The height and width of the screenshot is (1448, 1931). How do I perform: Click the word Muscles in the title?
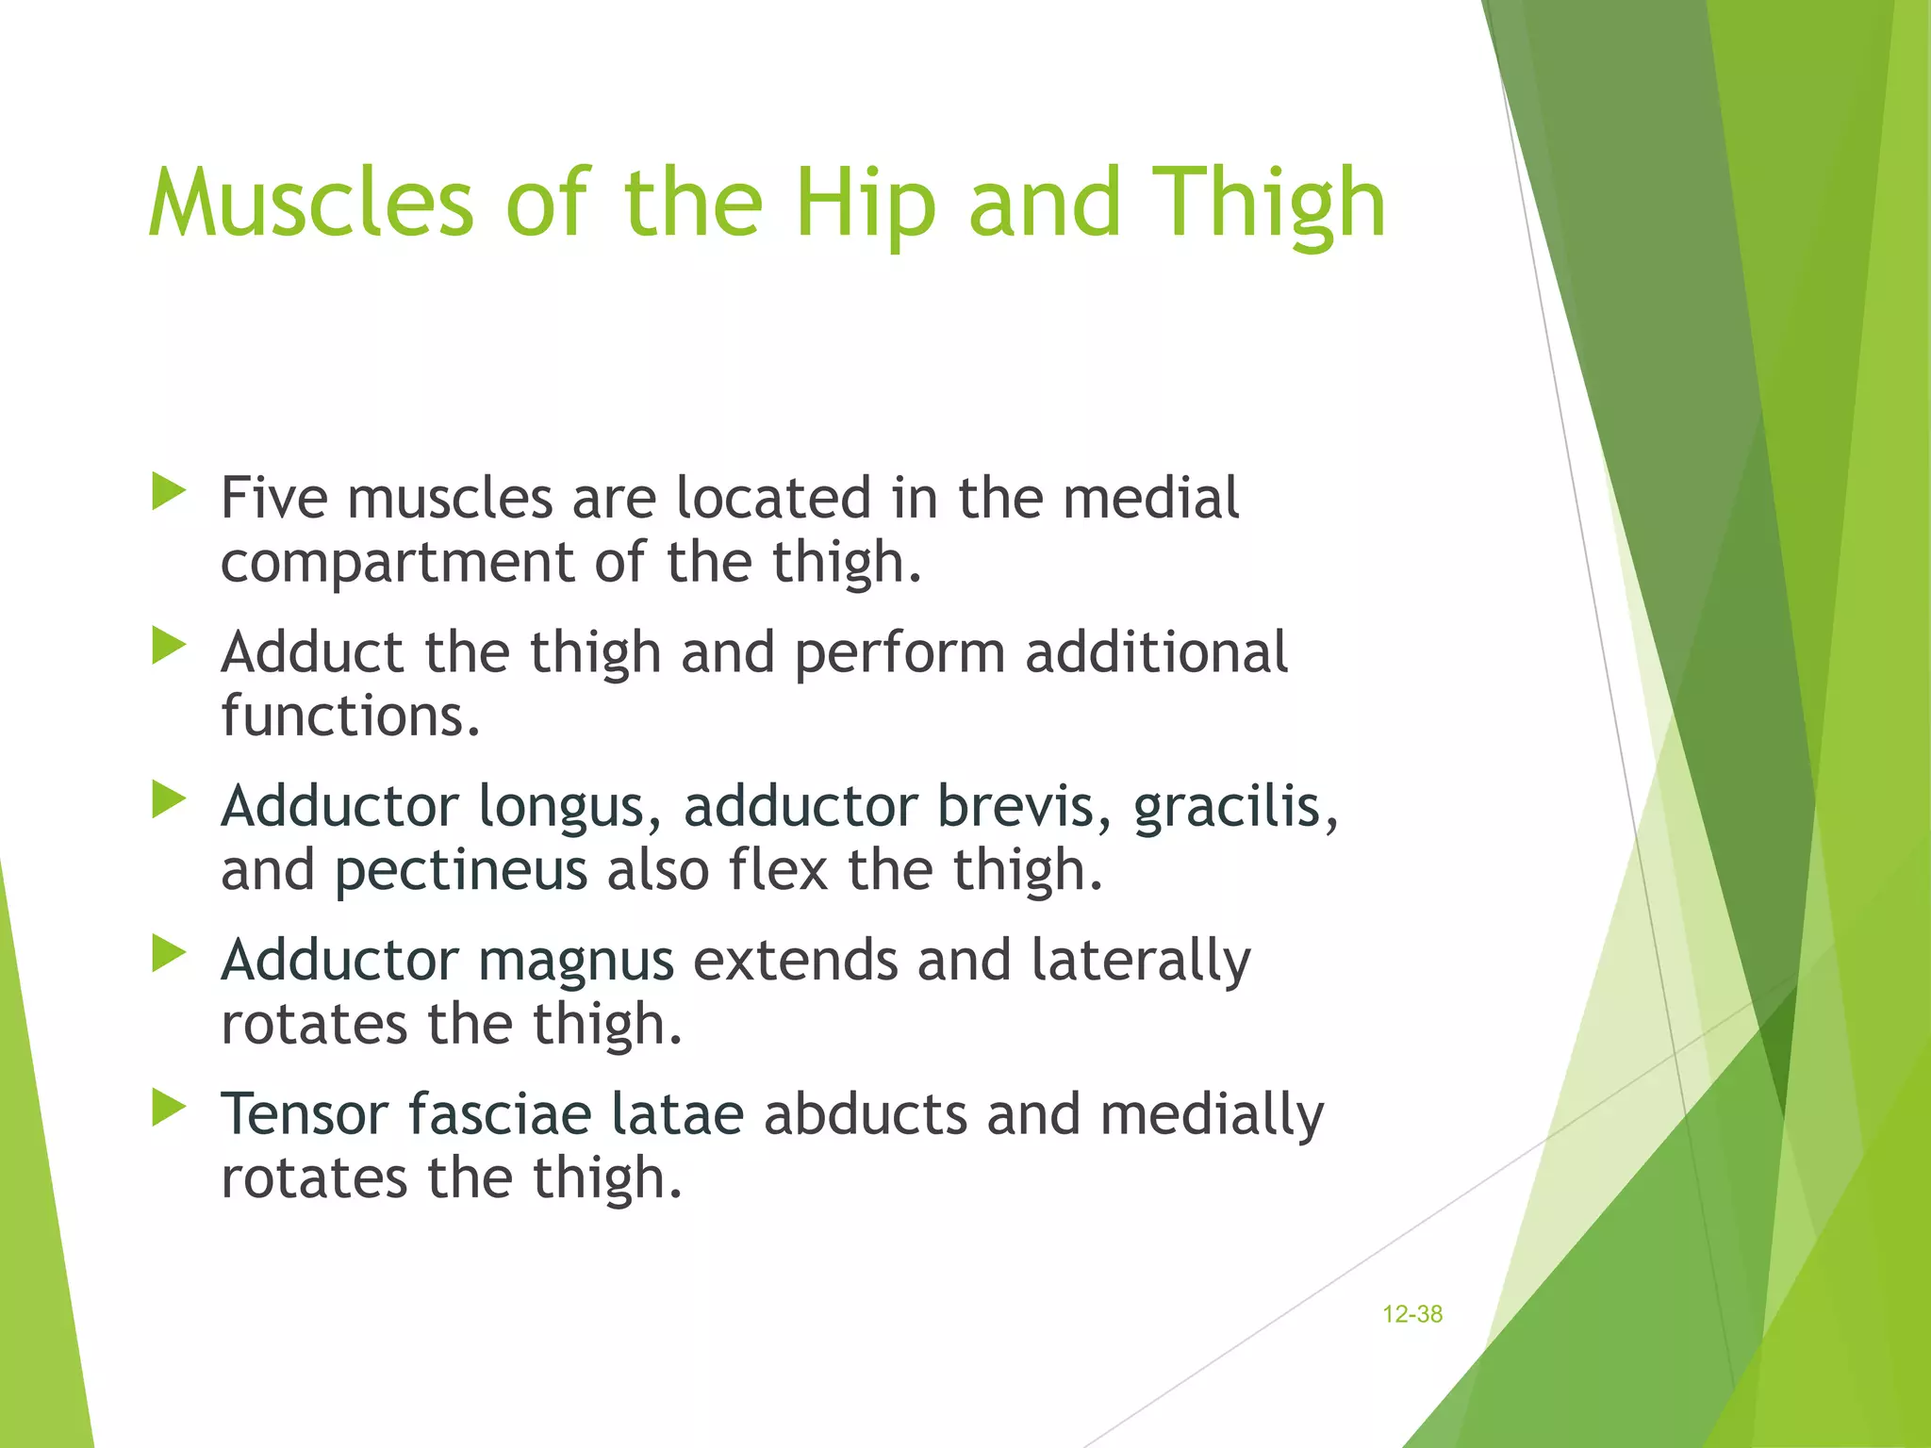[311, 203]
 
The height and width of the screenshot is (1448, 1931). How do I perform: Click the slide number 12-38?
[1411, 1314]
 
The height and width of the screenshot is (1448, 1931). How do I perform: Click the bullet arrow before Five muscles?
[169, 492]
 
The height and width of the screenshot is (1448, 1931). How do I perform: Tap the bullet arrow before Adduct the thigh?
[169, 647]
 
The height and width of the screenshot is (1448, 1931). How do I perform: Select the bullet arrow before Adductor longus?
[169, 800]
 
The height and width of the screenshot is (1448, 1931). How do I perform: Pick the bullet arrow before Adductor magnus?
[169, 954]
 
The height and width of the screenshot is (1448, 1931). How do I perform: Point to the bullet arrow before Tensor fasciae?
[169, 1108]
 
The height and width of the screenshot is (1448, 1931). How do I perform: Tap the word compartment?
[397, 563]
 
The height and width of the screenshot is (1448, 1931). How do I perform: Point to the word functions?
[350, 716]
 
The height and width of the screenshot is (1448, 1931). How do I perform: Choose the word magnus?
[576, 961]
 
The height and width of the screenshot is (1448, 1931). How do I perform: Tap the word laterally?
[1140, 961]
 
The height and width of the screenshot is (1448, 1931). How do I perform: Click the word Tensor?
[305, 1114]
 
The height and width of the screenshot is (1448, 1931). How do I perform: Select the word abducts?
[866, 1114]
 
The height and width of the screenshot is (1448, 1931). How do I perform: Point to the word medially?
[1212, 1114]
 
